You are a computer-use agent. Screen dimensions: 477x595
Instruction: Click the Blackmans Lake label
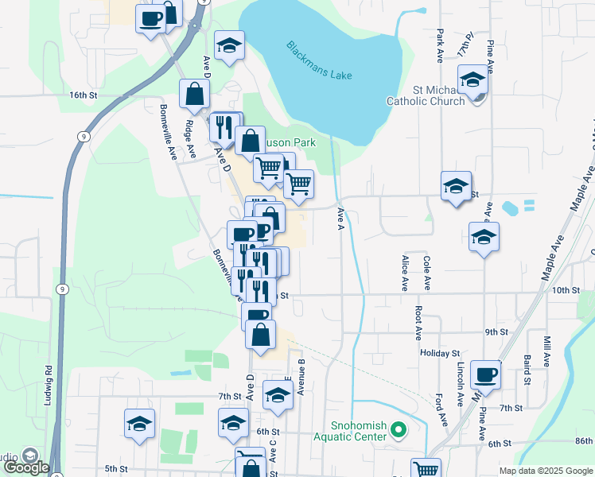pos(318,59)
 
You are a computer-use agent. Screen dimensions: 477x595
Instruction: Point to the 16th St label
pos(83,95)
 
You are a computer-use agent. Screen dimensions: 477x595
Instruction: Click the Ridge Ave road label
pos(189,126)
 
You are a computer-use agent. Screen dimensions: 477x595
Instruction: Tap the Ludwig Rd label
pos(49,381)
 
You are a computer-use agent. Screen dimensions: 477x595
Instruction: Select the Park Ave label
pos(439,46)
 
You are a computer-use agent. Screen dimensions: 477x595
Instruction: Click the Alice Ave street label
pos(405,273)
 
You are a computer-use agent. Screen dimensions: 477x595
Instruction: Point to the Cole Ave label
pos(427,273)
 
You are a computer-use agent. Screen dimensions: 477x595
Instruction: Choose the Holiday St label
pos(440,352)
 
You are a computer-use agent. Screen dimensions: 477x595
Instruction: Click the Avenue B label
pos(301,377)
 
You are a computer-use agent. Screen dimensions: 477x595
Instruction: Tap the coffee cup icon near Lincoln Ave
pos(485,374)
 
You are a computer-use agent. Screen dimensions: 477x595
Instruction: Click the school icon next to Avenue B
pos(277,395)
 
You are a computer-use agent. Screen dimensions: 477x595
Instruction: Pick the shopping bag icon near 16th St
pos(195,94)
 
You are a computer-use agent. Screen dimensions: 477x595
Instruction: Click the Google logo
pos(27,467)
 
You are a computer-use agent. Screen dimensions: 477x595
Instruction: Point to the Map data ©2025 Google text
pos(545,471)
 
